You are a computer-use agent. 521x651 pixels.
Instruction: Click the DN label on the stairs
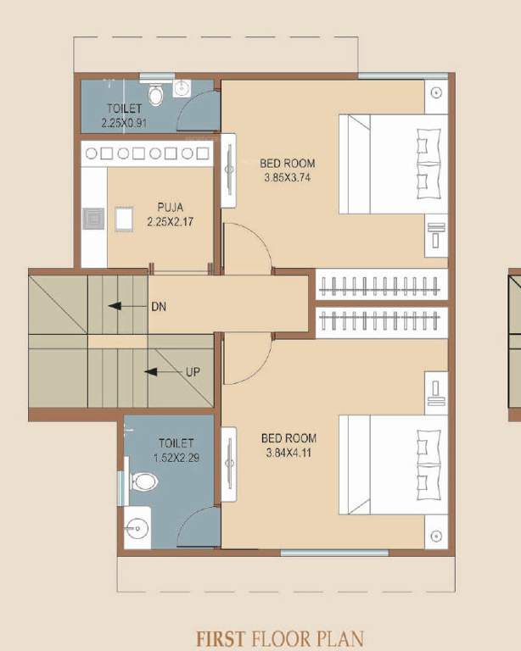(159, 306)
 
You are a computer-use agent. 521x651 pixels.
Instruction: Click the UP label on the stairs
(193, 371)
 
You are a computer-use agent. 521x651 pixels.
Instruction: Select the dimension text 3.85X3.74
(289, 177)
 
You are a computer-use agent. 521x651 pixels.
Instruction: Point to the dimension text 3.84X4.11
(289, 453)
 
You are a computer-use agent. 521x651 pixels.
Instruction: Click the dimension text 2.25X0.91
(125, 122)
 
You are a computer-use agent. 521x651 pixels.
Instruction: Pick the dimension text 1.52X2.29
(176, 458)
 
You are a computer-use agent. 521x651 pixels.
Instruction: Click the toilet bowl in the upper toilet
(155, 95)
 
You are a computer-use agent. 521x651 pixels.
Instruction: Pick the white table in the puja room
(124, 220)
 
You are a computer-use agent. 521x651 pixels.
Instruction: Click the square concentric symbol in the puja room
(93, 220)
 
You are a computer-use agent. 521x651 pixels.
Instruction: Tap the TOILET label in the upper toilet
(125, 108)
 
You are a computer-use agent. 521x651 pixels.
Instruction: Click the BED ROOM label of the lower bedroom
(289, 438)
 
